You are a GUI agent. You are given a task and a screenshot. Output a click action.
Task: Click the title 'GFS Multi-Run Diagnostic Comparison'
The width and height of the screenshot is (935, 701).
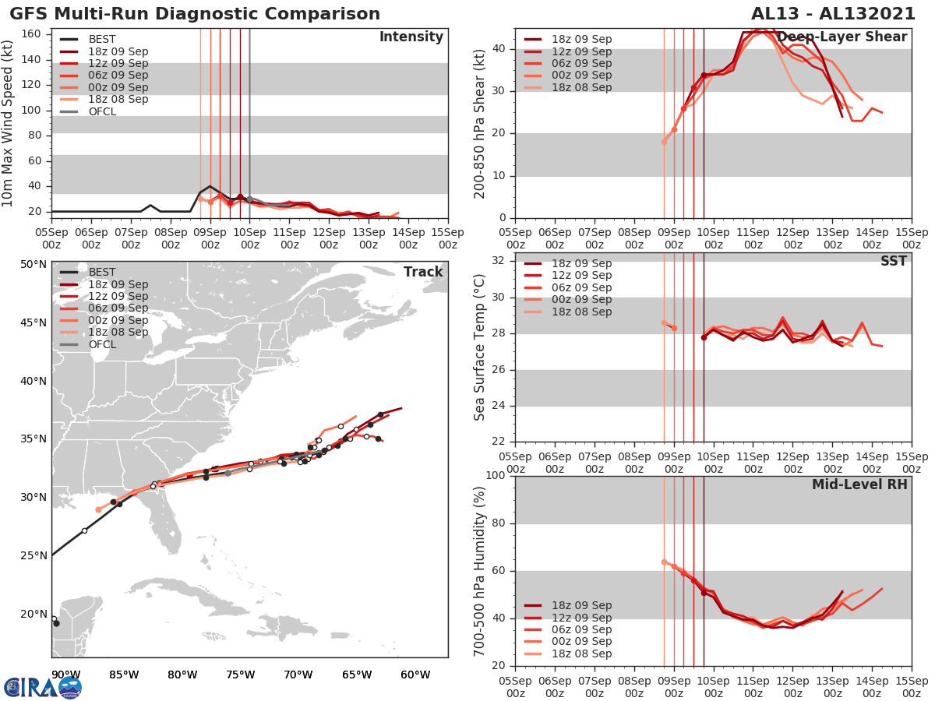tap(195, 14)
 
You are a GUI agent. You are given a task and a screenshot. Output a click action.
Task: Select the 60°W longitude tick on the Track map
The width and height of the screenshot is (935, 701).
tap(415, 675)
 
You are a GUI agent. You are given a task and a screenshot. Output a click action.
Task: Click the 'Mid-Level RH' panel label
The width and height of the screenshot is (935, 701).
tap(859, 484)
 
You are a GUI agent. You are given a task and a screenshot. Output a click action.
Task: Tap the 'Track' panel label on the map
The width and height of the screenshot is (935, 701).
tap(422, 272)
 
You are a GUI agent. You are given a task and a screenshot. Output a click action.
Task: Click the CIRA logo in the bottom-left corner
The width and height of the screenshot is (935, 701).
tap(42, 687)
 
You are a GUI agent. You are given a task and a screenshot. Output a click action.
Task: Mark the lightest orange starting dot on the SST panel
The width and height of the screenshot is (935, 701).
tap(664, 322)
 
